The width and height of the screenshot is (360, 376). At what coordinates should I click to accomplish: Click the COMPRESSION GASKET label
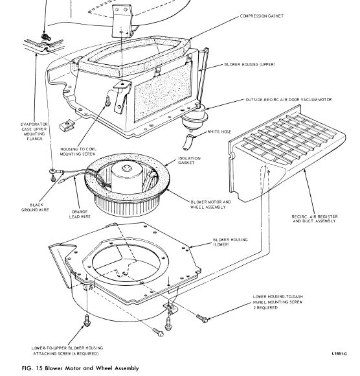point(262,16)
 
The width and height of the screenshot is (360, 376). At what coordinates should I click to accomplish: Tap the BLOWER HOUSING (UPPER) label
point(249,65)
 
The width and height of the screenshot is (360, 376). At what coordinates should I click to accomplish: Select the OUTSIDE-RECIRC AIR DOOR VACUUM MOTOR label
point(289,100)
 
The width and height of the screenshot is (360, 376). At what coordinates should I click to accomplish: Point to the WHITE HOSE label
point(219,132)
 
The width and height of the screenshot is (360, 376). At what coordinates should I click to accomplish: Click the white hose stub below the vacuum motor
point(187,142)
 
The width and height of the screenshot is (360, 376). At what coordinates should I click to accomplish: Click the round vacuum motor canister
point(195,117)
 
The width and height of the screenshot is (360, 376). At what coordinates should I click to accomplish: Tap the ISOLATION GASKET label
point(189,160)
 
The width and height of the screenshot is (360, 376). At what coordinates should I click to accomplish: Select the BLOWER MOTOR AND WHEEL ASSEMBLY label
point(211,205)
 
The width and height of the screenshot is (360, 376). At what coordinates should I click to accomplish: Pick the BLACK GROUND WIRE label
point(35,207)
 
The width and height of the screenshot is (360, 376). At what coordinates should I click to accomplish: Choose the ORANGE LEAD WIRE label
point(80,214)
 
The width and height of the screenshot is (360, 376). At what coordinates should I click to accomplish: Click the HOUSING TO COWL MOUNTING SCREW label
point(78,152)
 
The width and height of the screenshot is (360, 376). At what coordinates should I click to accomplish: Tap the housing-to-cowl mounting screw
point(107,100)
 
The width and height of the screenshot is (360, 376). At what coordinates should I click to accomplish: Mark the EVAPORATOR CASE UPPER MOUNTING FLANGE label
point(34,132)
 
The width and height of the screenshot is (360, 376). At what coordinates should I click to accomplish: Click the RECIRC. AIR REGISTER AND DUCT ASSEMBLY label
point(315,218)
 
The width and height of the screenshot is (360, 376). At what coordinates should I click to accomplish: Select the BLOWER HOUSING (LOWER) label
point(231,242)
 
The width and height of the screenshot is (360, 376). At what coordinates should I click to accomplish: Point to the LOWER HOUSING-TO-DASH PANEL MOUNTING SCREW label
point(278,302)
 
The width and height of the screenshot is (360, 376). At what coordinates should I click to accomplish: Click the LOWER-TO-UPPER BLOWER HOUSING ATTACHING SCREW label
point(67,351)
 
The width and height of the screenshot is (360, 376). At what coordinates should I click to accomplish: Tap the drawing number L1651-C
point(339,354)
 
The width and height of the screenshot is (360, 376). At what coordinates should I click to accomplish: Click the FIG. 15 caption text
point(80,368)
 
